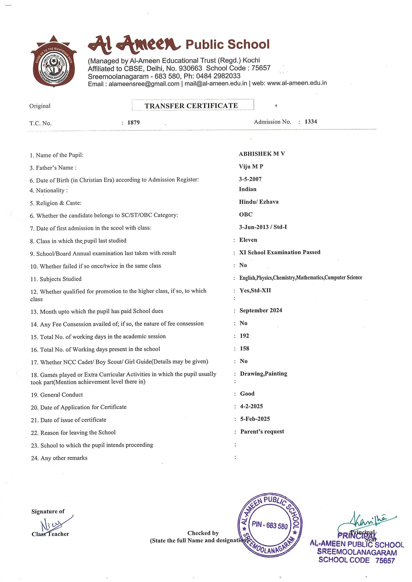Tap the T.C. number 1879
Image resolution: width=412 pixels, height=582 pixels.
point(134,123)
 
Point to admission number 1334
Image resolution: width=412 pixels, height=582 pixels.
point(311,122)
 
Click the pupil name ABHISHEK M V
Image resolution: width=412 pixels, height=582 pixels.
point(262,154)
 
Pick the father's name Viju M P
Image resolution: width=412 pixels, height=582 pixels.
point(251,167)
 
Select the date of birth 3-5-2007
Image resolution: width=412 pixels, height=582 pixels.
point(250,179)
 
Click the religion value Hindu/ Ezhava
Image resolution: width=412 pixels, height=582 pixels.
point(259,202)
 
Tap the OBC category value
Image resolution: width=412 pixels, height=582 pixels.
point(246,214)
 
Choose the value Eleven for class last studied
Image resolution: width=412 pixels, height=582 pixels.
point(248,240)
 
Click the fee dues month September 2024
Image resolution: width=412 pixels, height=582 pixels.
point(261,311)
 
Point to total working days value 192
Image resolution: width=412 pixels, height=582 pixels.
point(244,336)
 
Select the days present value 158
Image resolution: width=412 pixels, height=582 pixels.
point(244,349)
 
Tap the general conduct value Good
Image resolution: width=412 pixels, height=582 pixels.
point(247,394)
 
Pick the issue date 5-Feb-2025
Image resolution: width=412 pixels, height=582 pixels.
point(255,419)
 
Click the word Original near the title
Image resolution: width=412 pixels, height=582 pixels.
point(40,106)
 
